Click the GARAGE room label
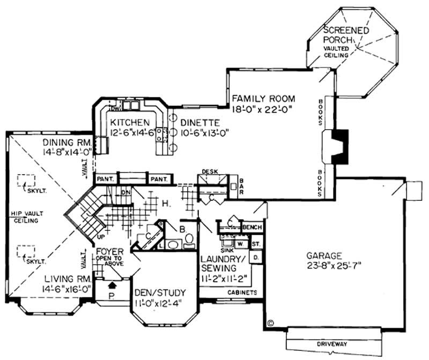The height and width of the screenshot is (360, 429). click(324, 256)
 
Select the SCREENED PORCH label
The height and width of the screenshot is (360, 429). click(346, 35)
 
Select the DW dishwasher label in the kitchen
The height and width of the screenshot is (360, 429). click(113, 109)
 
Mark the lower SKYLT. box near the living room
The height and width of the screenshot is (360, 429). click(25, 252)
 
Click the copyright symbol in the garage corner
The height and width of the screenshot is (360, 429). click(270, 324)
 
